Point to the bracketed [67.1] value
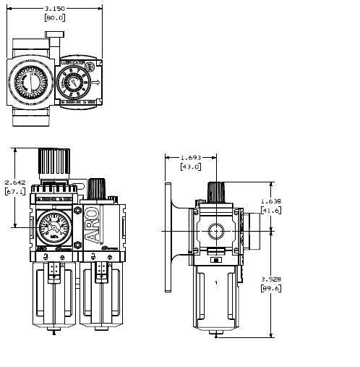(x=15, y=192)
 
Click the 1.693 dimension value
(x=192, y=157)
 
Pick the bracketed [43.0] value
(x=192, y=167)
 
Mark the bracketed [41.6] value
(x=272, y=211)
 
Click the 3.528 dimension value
(x=272, y=278)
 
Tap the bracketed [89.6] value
(x=272, y=287)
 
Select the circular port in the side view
(x=214, y=232)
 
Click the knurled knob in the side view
(x=214, y=193)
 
